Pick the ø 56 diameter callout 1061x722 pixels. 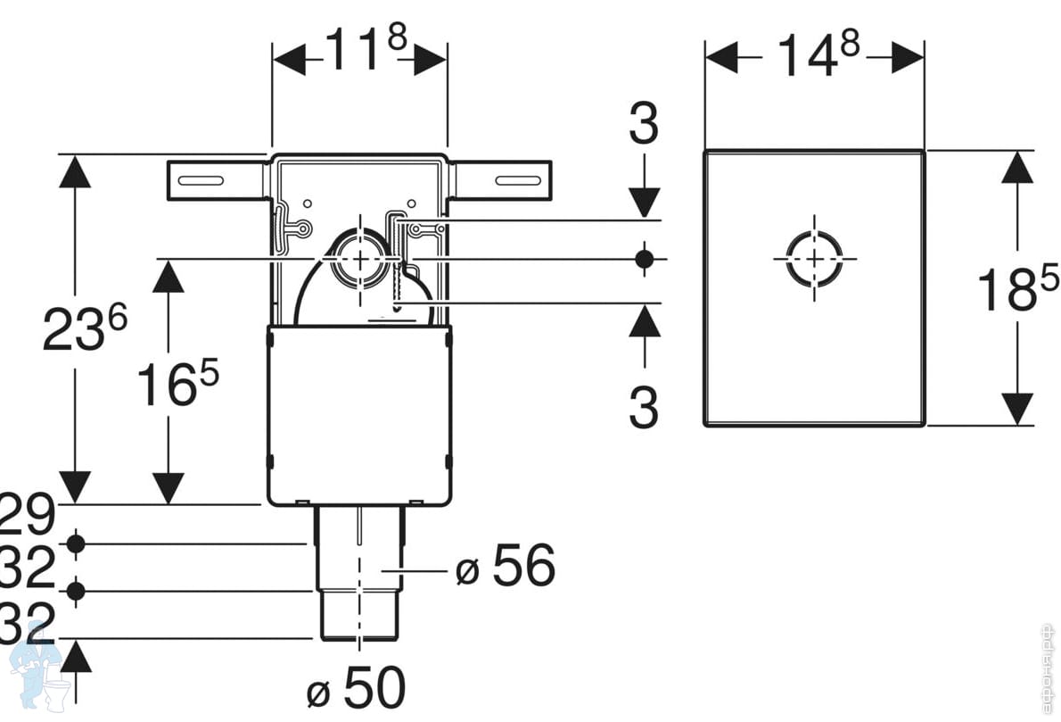click(505, 565)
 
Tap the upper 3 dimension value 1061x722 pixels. click(643, 125)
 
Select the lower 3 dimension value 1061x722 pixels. click(643, 408)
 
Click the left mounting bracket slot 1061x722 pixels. click(201, 180)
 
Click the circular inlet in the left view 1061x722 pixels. click(358, 258)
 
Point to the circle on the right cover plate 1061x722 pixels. click(814, 258)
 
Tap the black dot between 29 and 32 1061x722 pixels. click(76, 544)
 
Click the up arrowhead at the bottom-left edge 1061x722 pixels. click(77, 658)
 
